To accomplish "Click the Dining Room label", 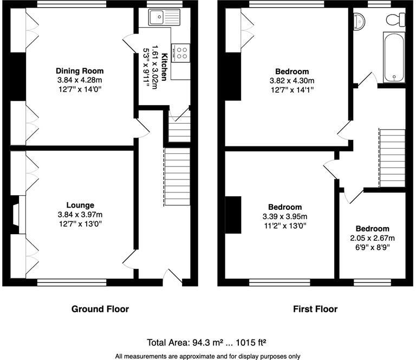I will (80, 71).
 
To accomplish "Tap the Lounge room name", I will (80, 205).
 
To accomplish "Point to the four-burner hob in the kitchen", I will (181, 53).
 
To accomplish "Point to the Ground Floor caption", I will (100, 309).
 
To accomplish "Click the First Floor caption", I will (315, 309).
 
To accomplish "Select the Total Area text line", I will (207, 343).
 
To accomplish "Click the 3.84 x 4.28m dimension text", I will (80, 80).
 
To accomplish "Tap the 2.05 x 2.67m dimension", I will (372, 238).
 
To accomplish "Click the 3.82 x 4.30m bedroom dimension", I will (292, 81).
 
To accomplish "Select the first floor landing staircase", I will (392, 158).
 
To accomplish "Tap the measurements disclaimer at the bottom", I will (207, 356).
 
